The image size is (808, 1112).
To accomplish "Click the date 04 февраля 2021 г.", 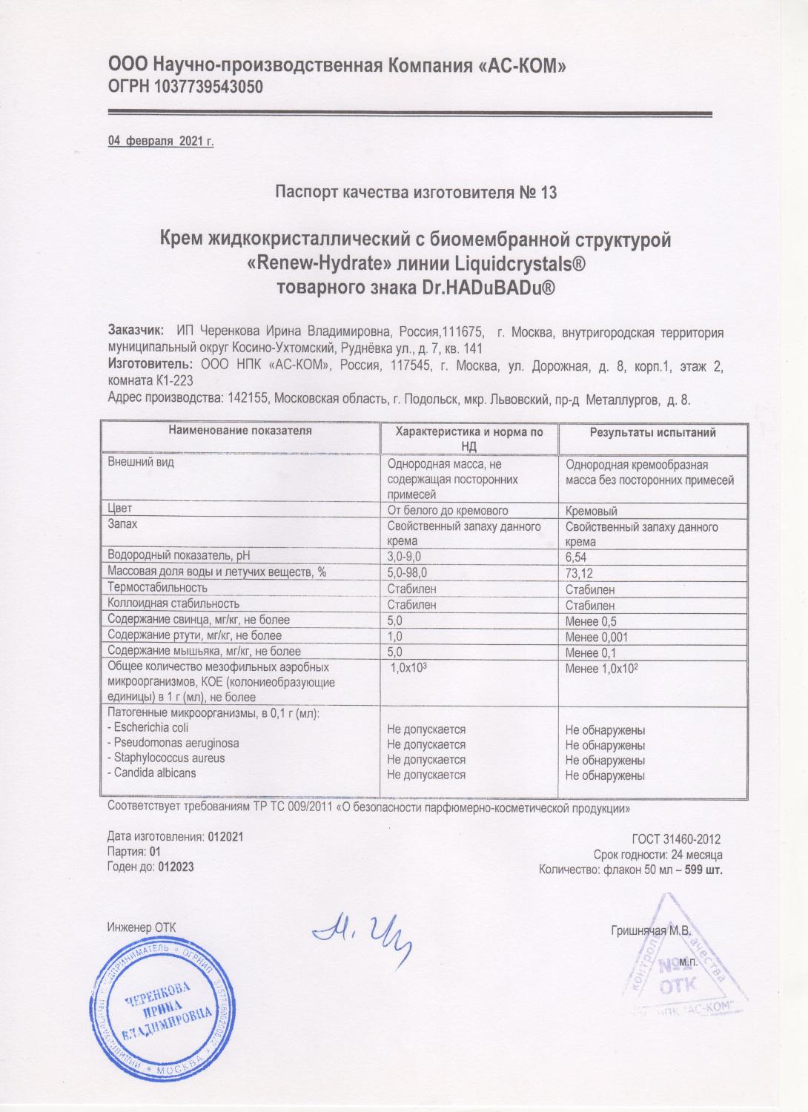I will pyautogui.click(x=161, y=141).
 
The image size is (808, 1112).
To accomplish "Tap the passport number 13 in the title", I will pyautogui.click(x=549, y=193).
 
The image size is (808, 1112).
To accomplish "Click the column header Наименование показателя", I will pyautogui.click(x=239, y=431).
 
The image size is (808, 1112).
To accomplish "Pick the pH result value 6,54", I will pyautogui.click(x=578, y=556).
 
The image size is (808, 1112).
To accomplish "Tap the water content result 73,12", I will pyautogui.click(x=580, y=573).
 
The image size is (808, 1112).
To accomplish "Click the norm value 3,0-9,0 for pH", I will pyautogui.click(x=408, y=556).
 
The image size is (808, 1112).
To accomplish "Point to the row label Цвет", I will pyautogui.click(x=120, y=510).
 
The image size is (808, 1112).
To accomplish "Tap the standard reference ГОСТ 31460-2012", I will pyautogui.click(x=676, y=840).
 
